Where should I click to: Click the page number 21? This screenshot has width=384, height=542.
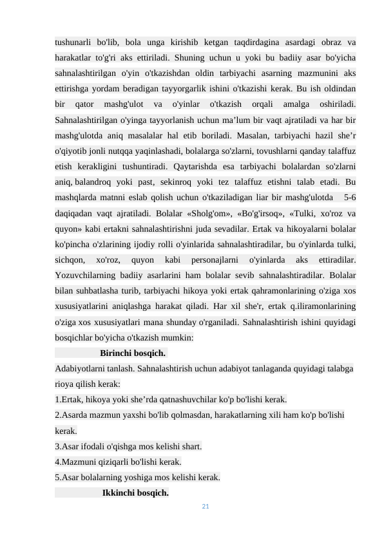[206, 507]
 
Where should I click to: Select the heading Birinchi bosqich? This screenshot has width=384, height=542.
[133, 353]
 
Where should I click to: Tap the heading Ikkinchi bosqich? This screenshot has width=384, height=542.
[135, 494]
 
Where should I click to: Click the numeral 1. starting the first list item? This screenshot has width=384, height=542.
[59, 399]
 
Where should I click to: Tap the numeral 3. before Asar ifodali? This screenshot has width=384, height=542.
[59, 447]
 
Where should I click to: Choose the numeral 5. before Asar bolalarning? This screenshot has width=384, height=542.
[59, 478]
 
